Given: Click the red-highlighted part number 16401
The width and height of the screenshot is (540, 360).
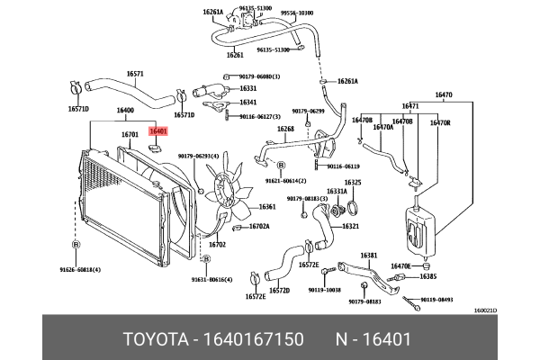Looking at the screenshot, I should coord(158,131).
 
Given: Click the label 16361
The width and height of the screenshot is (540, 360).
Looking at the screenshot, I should coord(267,207).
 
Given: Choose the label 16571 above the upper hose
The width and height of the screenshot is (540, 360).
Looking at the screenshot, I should coord(135,73).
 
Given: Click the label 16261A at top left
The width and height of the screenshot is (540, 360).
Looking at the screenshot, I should coord(213,12).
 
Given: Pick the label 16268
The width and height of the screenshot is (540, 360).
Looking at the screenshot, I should coord(285,129).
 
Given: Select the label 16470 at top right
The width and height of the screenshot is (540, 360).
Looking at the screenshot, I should coord(444,93).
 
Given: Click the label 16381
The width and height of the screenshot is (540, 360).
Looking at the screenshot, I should coord(369,255).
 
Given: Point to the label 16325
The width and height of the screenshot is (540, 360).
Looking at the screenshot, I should coord(353,183).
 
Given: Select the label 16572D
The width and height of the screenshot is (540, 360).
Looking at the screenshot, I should coord(280,291).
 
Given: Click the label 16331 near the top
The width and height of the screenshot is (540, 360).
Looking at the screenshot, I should coord(248,88).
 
